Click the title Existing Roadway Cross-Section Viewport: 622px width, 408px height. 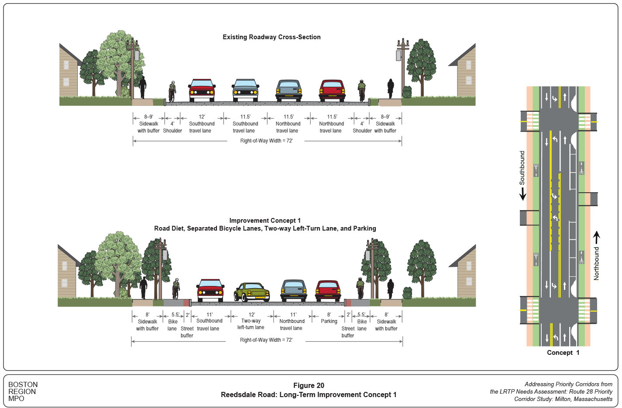pos(271,37)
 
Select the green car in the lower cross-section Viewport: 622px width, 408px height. pos(252,292)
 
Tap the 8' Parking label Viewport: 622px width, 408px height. pos(329,318)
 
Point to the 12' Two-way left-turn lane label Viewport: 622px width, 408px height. pos(251,321)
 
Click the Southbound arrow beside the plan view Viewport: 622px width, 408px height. pos(522,194)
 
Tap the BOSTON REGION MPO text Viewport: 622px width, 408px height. pos(23,391)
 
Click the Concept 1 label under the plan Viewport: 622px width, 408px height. pos(563,353)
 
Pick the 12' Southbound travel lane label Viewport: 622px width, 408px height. pos(201,124)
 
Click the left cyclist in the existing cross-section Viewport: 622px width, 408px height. pos(172,91)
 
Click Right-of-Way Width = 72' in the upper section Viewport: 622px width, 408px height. pos(266,141)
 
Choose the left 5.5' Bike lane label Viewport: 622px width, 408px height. pos(174,322)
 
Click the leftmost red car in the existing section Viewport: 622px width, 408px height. pos(202,90)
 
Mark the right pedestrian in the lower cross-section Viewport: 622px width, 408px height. pos(390,289)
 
